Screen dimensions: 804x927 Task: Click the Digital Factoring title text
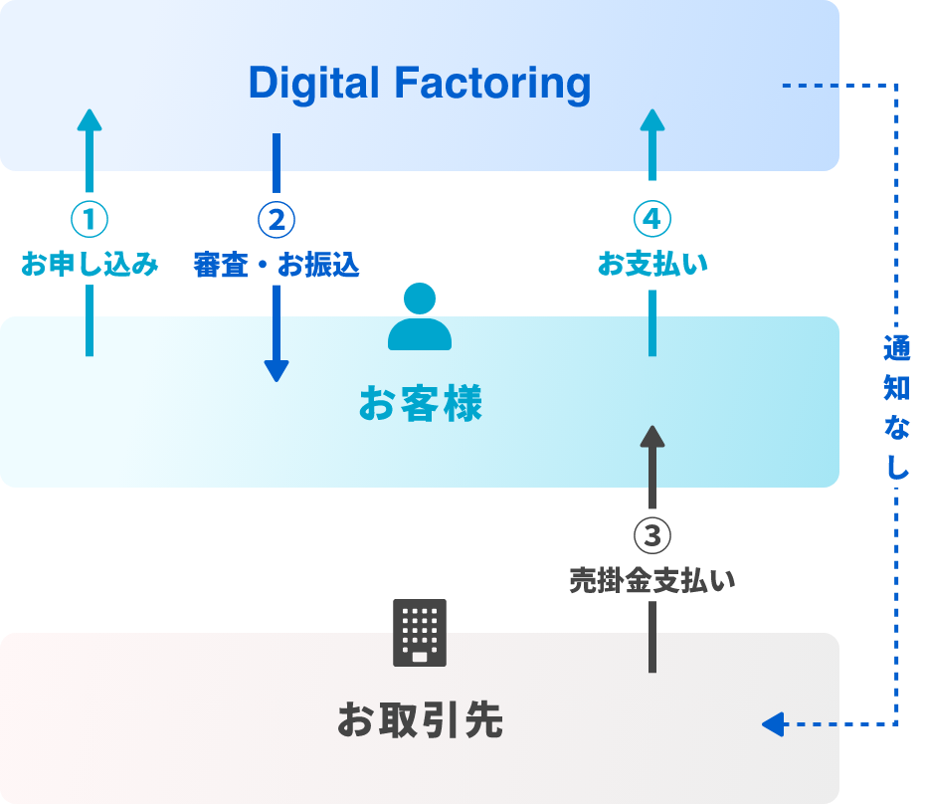tap(419, 84)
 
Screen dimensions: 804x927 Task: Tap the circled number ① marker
tap(90, 219)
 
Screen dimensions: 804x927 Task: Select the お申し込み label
tap(90, 266)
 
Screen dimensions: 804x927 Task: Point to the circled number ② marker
tap(277, 219)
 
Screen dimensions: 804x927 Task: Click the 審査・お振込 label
tap(277, 266)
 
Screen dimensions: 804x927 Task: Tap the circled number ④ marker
tap(652, 219)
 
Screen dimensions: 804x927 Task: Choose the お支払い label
tap(652, 266)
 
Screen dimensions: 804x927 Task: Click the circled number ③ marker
tap(652, 535)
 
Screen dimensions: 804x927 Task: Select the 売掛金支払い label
tap(652, 581)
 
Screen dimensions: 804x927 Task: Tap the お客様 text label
tap(419, 405)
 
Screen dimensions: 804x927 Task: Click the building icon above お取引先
tap(419, 633)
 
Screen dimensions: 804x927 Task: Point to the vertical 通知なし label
tap(896, 407)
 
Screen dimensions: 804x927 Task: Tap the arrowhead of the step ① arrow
tap(90, 119)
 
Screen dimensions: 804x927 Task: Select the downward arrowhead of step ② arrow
tap(277, 370)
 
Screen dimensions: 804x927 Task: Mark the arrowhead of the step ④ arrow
tap(652, 119)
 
